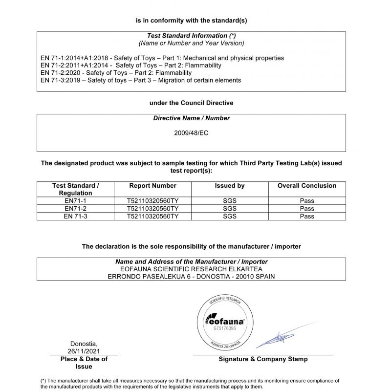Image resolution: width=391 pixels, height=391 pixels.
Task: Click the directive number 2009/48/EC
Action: click(191, 133)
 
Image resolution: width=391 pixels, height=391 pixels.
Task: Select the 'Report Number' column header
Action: click(152, 186)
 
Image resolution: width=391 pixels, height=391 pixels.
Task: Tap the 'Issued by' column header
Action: click(230, 186)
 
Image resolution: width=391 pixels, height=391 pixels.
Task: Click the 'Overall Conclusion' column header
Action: click(307, 186)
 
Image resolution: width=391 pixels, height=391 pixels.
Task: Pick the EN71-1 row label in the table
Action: click(76, 201)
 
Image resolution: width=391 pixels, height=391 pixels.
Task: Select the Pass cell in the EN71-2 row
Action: click(307, 209)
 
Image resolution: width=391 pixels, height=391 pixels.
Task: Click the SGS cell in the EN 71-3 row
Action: click(230, 216)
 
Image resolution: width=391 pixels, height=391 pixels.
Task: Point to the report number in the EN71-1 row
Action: click(152, 201)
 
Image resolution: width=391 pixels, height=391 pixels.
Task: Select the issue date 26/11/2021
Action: click(84, 350)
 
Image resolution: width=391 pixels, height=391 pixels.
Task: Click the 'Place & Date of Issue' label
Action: click(84, 362)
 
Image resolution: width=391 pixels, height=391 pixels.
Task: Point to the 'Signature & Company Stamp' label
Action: click(263, 359)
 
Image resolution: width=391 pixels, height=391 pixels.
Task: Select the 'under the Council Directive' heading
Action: click(191, 103)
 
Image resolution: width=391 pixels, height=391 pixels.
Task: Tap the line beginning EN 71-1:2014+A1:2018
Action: click(162, 58)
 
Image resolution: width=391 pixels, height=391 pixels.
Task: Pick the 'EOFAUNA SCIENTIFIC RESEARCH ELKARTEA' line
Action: click(191, 269)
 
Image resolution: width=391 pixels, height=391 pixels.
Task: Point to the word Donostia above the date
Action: click(84, 343)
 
